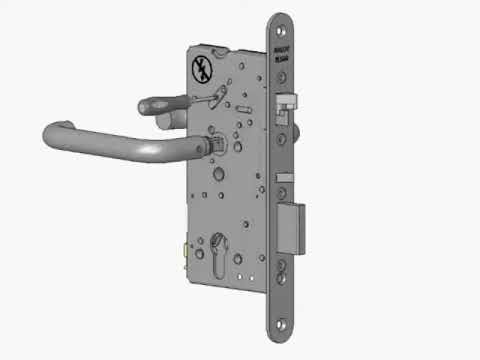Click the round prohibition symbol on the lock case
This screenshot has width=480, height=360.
[199, 69]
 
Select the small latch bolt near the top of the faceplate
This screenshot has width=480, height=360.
[286, 100]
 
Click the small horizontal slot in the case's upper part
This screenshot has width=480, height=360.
[244, 103]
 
